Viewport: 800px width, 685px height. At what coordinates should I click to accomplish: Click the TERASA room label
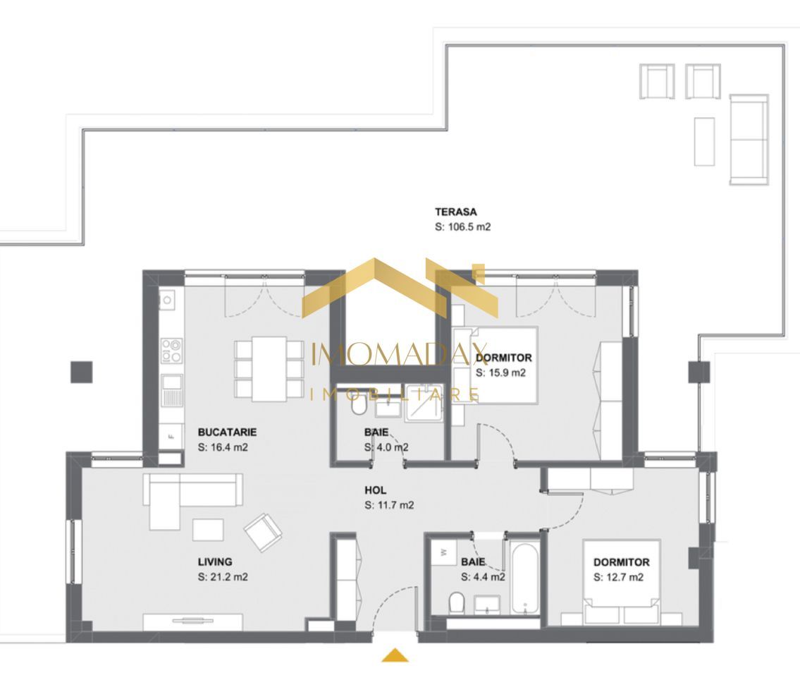coord(455,212)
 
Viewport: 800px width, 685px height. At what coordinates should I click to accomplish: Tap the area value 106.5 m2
coord(462,227)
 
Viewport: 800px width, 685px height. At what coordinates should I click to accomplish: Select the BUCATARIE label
coord(226,432)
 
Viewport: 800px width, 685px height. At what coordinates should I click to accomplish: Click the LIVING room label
coord(215,562)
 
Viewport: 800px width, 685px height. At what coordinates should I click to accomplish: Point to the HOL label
coord(375,490)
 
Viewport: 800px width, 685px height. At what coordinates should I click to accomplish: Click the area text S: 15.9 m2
coord(500,372)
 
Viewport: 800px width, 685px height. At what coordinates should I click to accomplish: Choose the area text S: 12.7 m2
coord(618,577)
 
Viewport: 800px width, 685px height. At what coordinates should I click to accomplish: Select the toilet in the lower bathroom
coord(456,602)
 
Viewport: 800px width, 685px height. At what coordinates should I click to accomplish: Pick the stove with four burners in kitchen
coord(171,351)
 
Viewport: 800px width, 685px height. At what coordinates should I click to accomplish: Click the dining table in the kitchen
coord(269,368)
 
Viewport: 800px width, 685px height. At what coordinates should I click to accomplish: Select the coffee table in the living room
coord(208,529)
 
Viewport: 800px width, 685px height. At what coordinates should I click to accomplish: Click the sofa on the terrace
coord(748,139)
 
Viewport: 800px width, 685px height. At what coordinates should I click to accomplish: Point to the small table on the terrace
coord(703,141)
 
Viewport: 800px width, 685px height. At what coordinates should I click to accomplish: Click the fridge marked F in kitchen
coord(171,436)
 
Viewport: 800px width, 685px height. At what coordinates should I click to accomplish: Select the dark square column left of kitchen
coord(82,371)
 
